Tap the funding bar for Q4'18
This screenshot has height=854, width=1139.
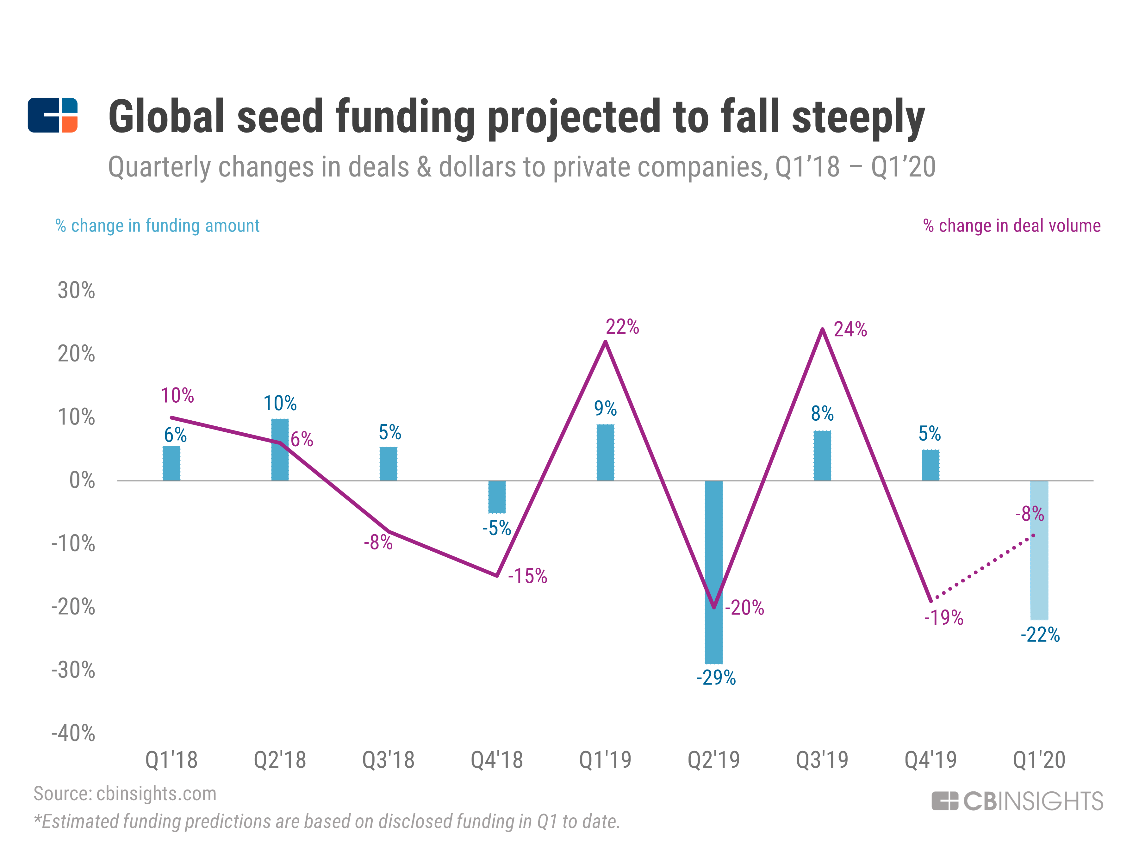pos(497,497)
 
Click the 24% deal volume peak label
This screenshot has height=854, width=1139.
pos(850,330)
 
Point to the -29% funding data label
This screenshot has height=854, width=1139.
pos(716,678)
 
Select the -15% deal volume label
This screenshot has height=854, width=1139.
pos(527,576)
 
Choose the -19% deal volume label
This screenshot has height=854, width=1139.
pos(943,617)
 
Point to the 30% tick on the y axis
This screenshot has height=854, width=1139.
pos(76,291)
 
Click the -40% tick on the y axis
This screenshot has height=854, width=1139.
pos(73,733)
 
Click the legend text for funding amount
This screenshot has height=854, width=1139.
pos(158,226)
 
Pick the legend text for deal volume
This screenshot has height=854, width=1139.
pos(1012,226)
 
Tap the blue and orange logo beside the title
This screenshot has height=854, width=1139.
pos(53,115)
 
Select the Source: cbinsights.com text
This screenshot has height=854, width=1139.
pos(125,794)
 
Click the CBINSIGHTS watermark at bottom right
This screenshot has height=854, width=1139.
pos(1018,801)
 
